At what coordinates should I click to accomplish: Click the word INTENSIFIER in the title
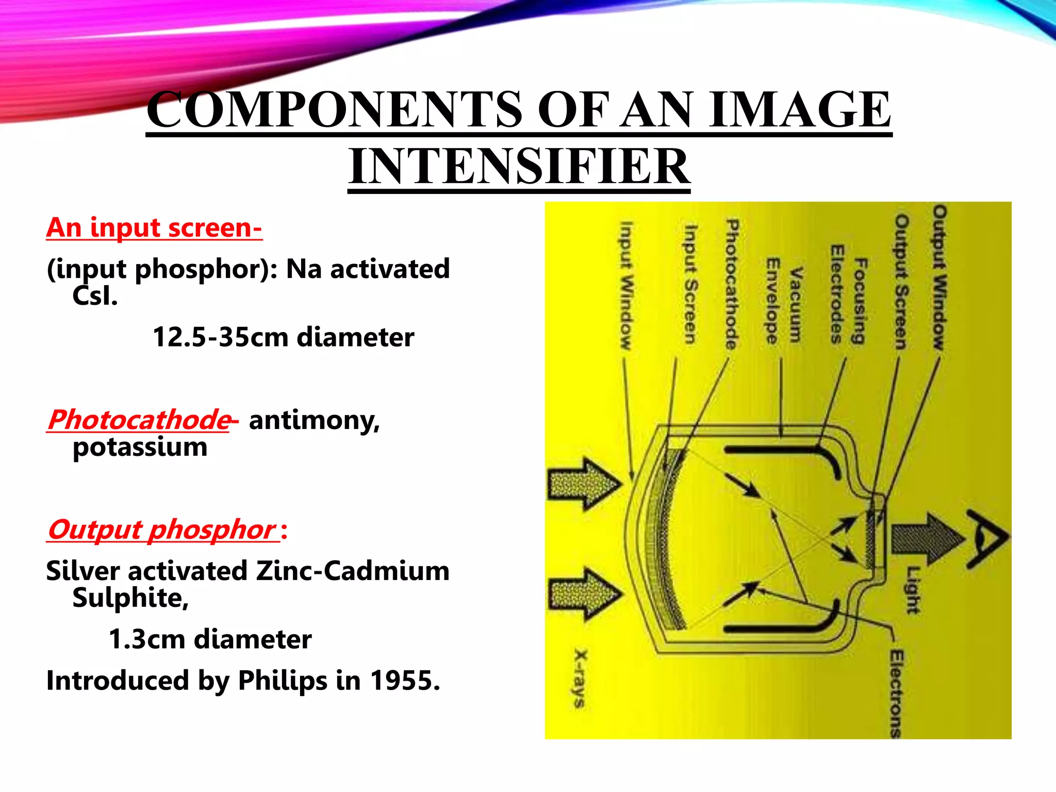[x=519, y=166]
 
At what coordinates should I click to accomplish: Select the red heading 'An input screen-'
[x=154, y=227]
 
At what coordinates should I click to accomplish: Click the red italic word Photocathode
[x=139, y=419]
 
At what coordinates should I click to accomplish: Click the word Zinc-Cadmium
[x=353, y=571]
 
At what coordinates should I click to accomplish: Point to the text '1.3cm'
[x=147, y=639]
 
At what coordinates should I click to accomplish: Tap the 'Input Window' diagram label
[x=625, y=286]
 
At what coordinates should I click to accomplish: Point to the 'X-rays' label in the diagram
[x=581, y=678]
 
